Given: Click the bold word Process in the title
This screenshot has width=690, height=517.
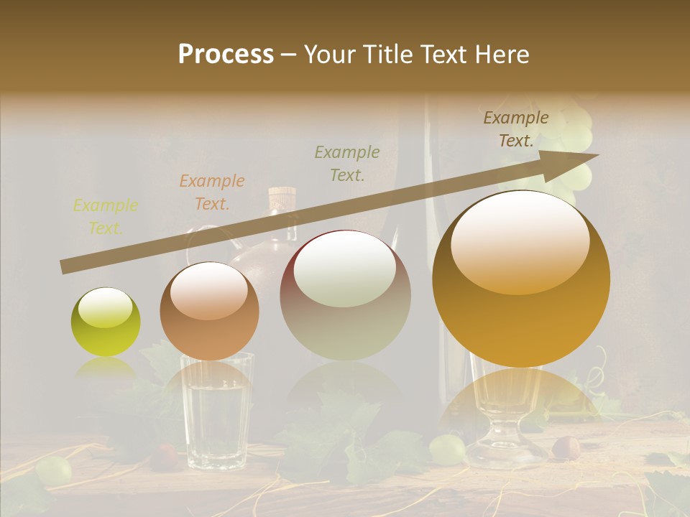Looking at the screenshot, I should tap(226, 55).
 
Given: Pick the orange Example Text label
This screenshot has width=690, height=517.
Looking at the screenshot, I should tap(211, 192).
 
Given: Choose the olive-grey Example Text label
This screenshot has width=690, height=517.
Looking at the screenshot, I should tap(346, 163).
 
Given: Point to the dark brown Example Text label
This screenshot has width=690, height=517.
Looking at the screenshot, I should tap(515, 129).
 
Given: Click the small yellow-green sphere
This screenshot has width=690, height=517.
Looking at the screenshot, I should tap(106, 322).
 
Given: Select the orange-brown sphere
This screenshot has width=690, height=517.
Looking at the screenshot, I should tap(209, 311).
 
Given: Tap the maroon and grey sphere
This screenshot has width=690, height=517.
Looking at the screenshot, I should tap(345, 295).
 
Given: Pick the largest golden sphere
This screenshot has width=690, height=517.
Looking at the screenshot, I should tap(521, 279).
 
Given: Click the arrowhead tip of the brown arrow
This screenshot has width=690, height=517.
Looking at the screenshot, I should tap(597, 155).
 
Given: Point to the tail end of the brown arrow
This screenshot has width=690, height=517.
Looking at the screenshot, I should tap(63, 267).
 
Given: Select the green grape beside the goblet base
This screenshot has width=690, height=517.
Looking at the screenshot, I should tap(446, 449).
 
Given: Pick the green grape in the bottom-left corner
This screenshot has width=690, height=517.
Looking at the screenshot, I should tap(53, 470).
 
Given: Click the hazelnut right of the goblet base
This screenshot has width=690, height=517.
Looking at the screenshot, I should tap(565, 447).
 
